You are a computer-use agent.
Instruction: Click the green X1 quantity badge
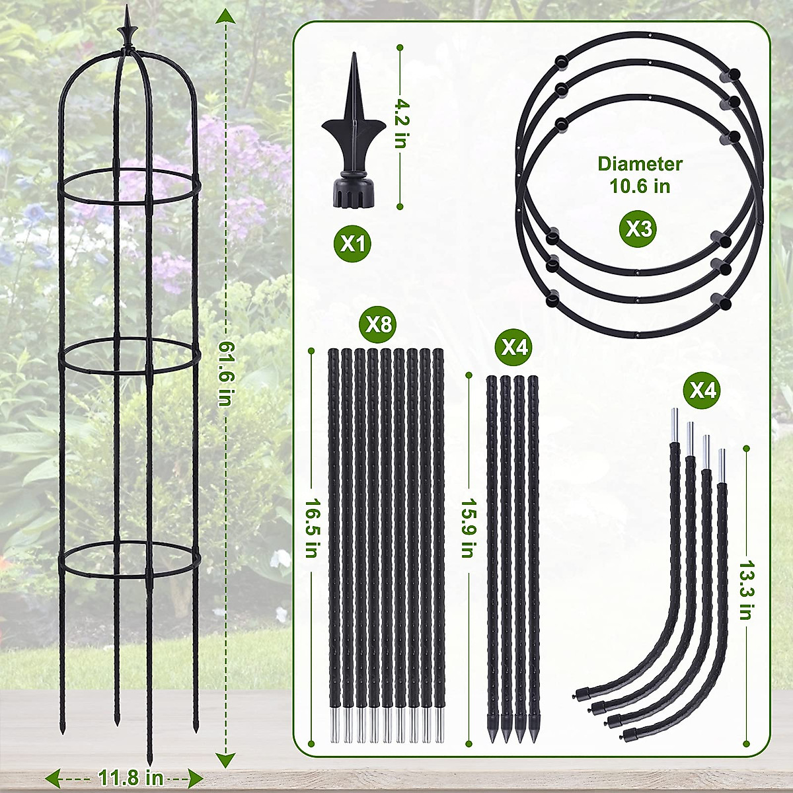tap(352, 244)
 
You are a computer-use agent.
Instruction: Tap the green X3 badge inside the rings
tap(638, 229)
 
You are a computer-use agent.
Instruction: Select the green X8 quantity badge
tap(379, 324)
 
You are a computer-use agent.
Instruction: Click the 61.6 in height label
tap(226, 373)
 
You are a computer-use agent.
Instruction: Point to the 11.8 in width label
tap(131, 777)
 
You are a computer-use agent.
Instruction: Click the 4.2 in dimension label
tap(400, 124)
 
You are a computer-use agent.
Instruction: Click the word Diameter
tap(640, 164)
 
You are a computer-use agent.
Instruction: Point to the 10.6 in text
tap(640, 186)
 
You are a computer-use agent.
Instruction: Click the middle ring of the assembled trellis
tap(130, 357)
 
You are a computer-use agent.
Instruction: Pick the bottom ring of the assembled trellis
tap(130, 558)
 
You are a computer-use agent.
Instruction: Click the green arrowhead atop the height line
tap(226, 16)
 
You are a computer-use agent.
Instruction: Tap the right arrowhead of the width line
tap(196, 776)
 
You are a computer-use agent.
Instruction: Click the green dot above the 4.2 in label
tap(400, 47)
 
